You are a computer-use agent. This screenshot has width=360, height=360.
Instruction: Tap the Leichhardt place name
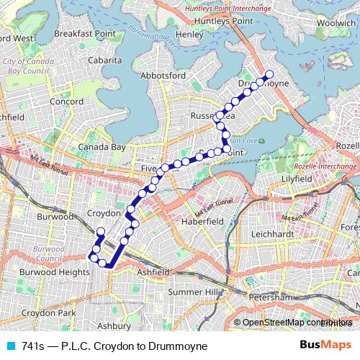click(x=273, y=235)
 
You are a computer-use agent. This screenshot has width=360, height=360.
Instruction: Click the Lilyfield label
click(x=297, y=177)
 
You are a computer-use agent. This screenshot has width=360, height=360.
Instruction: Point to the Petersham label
click(x=268, y=297)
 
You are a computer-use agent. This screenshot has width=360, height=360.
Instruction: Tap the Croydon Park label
click(x=48, y=313)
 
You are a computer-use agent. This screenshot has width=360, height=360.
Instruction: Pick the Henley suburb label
click(x=189, y=34)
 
